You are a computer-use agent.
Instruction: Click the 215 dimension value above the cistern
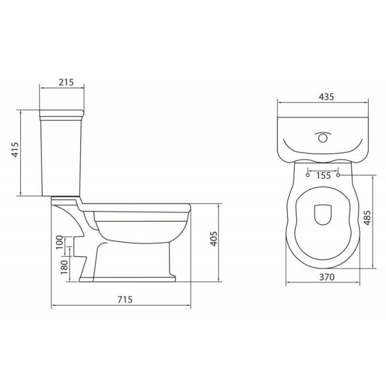pyautogui.click(x=66, y=82)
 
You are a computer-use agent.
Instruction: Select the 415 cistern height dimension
pyautogui.click(x=16, y=151)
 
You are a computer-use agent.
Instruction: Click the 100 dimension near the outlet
pyautogui.click(x=60, y=242)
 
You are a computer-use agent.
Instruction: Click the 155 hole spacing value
pyautogui.click(x=323, y=175)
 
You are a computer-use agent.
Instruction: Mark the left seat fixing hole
pyautogui.click(x=307, y=175)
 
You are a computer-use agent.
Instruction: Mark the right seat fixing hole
pyautogui.click(x=340, y=175)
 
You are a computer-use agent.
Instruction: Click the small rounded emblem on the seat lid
pyautogui.click(x=323, y=214)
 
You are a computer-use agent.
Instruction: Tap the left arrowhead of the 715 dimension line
pyautogui.click(x=53, y=307)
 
